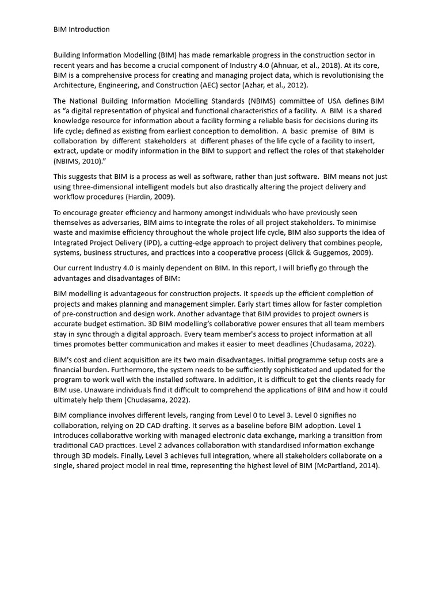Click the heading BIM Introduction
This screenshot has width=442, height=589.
[x=81, y=29]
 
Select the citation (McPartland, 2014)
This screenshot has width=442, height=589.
[x=347, y=465]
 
